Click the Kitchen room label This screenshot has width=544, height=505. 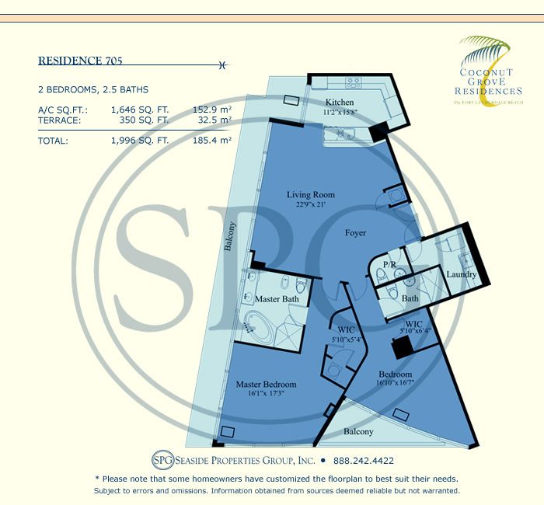click(340, 103)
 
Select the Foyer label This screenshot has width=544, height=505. click(355, 233)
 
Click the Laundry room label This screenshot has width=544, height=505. click(462, 274)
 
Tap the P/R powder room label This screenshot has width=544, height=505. click(391, 266)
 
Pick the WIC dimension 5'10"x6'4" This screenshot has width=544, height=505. click(413, 331)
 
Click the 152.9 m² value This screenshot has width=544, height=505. click(212, 110)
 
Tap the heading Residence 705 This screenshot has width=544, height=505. click(80, 59)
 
